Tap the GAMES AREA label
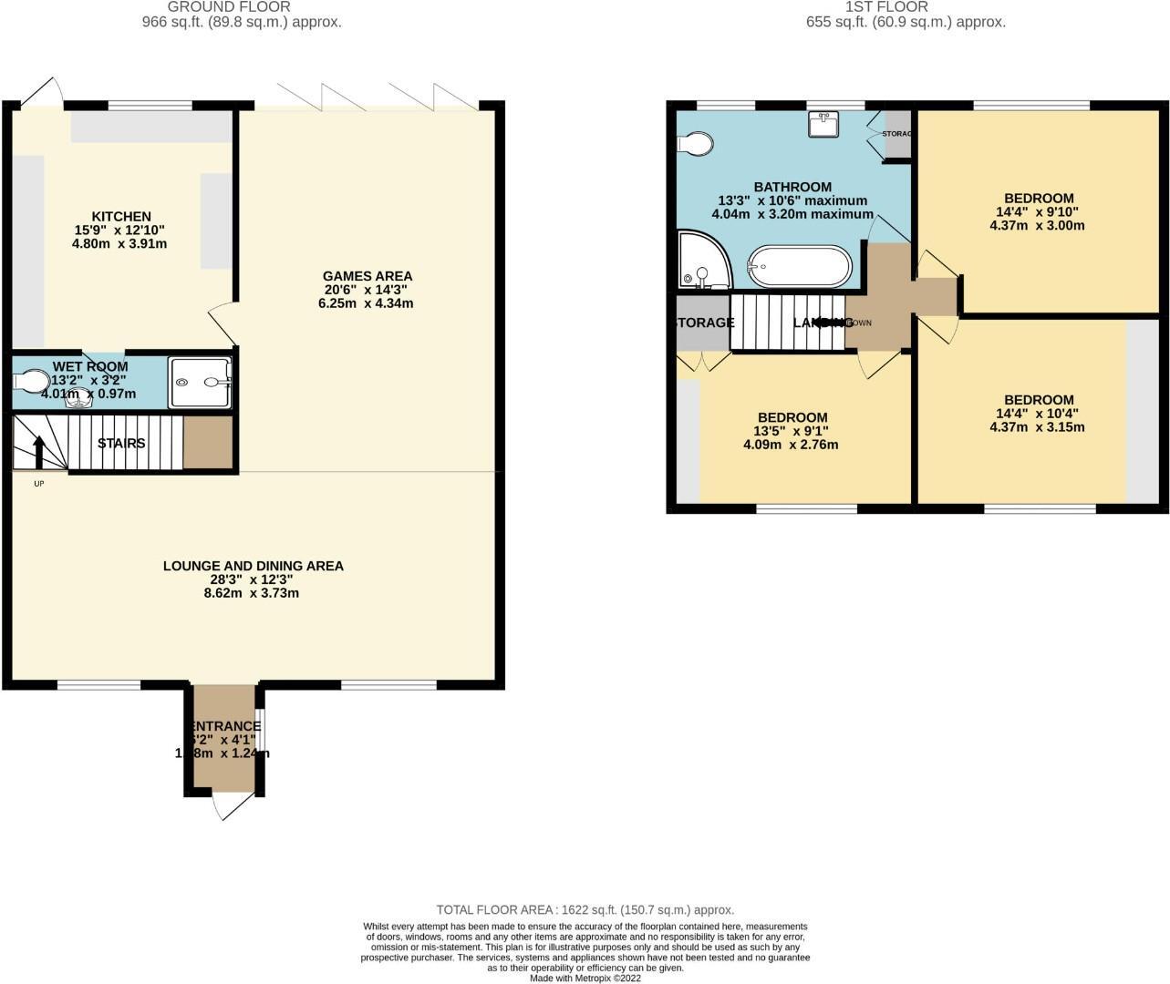[x=367, y=276]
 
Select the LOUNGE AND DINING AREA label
[x=253, y=566]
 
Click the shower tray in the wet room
[x=201, y=383]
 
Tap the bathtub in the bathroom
[x=800, y=267]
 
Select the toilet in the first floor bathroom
[x=695, y=144]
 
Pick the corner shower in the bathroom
[x=702, y=261]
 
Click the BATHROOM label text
[x=792, y=187]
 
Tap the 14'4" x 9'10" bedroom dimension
[x=1038, y=211]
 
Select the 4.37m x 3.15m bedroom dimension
[x=1038, y=426]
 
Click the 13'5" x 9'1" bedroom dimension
[x=792, y=431]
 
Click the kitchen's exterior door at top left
[x=42, y=91]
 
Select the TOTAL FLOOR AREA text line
[x=585, y=909]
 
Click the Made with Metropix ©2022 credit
[x=585, y=978]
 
